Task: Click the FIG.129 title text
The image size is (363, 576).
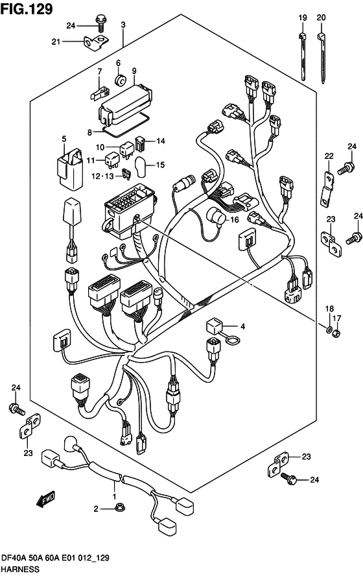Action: pos(27,9)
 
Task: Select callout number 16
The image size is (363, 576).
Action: pos(234,220)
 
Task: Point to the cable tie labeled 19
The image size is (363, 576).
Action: pos(303,56)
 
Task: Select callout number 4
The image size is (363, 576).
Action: pos(242,326)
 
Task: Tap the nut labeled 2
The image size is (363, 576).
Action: pos(119,508)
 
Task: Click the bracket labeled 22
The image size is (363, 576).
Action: pos(327,188)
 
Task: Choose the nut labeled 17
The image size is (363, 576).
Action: pos(336,333)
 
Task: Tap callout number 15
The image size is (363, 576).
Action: pos(160,165)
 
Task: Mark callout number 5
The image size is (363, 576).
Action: pos(64,139)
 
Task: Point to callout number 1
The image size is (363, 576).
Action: pos(114,497)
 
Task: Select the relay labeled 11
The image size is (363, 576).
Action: pos(111,160)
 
